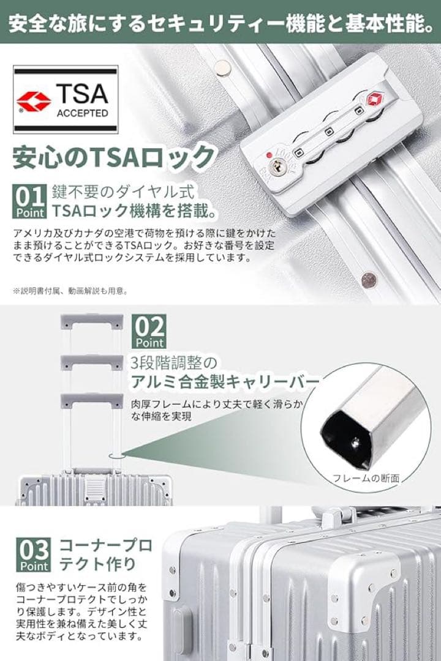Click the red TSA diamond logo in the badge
(x=34, y=102)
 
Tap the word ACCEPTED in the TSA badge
(x=83, y=113)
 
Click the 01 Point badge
(x=30, y=201)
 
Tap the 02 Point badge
(x=149, y=331)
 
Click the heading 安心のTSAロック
(x=113, y=157)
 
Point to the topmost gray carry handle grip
(x=92, y=321)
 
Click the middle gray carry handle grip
(x=92, y=362)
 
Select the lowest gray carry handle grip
(x=92, y=401)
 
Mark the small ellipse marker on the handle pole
(x=116, y=456)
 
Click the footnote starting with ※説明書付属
(x=70, y=291)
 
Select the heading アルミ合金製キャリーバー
(x=225, y=382)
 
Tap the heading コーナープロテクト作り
(x=105, y=555)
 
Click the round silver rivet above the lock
(x=222, y=67)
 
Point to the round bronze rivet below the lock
(x=368, y=278)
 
